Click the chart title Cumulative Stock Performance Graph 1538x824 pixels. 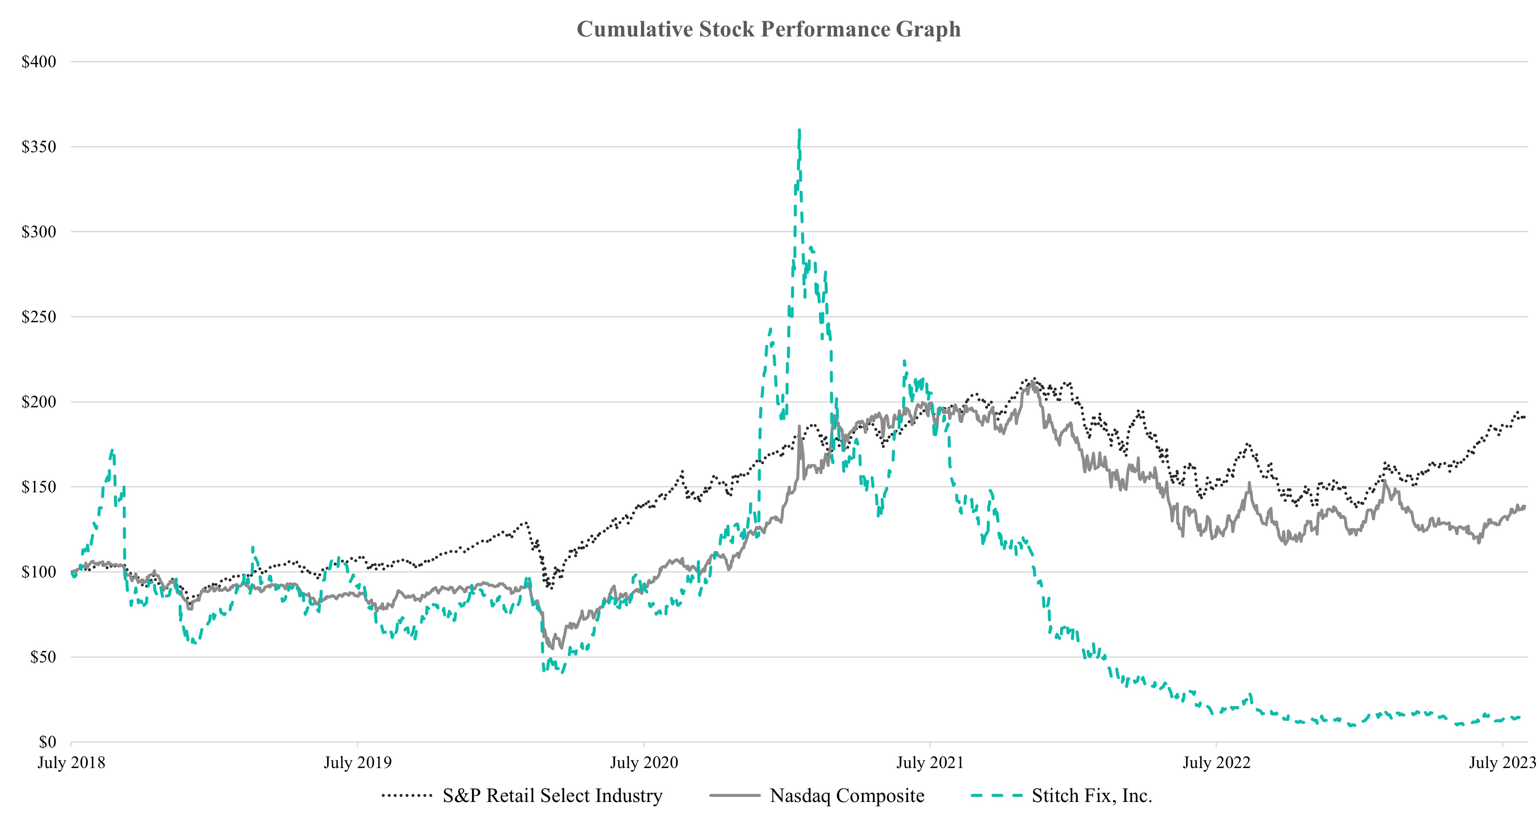[x=769, y=29]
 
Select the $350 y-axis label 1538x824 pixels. [x=39, y=147]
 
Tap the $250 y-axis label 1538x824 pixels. [x=39, y=317]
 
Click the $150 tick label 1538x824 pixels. [x=39, y=487]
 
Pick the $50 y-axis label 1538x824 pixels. [x=43, y=657]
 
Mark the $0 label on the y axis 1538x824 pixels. [x=47, y=742]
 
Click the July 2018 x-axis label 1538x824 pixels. [x=71, y=763]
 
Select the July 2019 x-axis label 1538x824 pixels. [x=358, y=763]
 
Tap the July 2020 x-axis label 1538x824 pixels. [x=644, y=763]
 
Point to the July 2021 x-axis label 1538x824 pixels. [x=930, y=763]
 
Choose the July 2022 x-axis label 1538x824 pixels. [x=1216, y=763]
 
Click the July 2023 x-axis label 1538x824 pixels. [x=1501, y=763]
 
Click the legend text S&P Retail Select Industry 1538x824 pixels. [x=552, y=796]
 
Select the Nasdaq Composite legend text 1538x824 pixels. [x=847, y=796]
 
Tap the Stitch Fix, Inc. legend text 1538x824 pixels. [x=1091, y=796]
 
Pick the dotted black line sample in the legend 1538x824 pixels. [x=407, y=796]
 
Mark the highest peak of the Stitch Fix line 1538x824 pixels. [x=800, y=130]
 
